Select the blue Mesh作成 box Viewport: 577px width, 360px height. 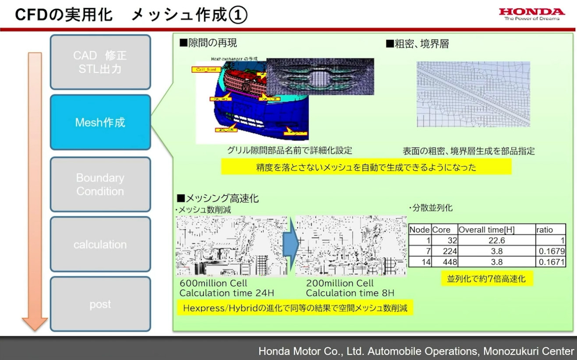[100, 122]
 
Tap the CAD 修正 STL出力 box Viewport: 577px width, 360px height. [100, 62]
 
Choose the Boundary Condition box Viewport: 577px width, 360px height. [100, 184]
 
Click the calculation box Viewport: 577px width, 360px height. [100, 244]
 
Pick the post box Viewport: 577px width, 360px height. [100, 304]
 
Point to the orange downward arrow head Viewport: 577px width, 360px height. [35, 323]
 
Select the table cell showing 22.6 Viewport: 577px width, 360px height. [496, 240]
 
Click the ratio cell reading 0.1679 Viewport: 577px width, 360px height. [550, 251]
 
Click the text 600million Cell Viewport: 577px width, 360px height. [213, 283]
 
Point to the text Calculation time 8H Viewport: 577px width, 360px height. [350, 293]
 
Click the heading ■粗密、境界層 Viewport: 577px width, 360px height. [417, 44]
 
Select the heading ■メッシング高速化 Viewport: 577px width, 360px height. [218, 198]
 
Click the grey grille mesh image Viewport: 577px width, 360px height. [320, 77]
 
